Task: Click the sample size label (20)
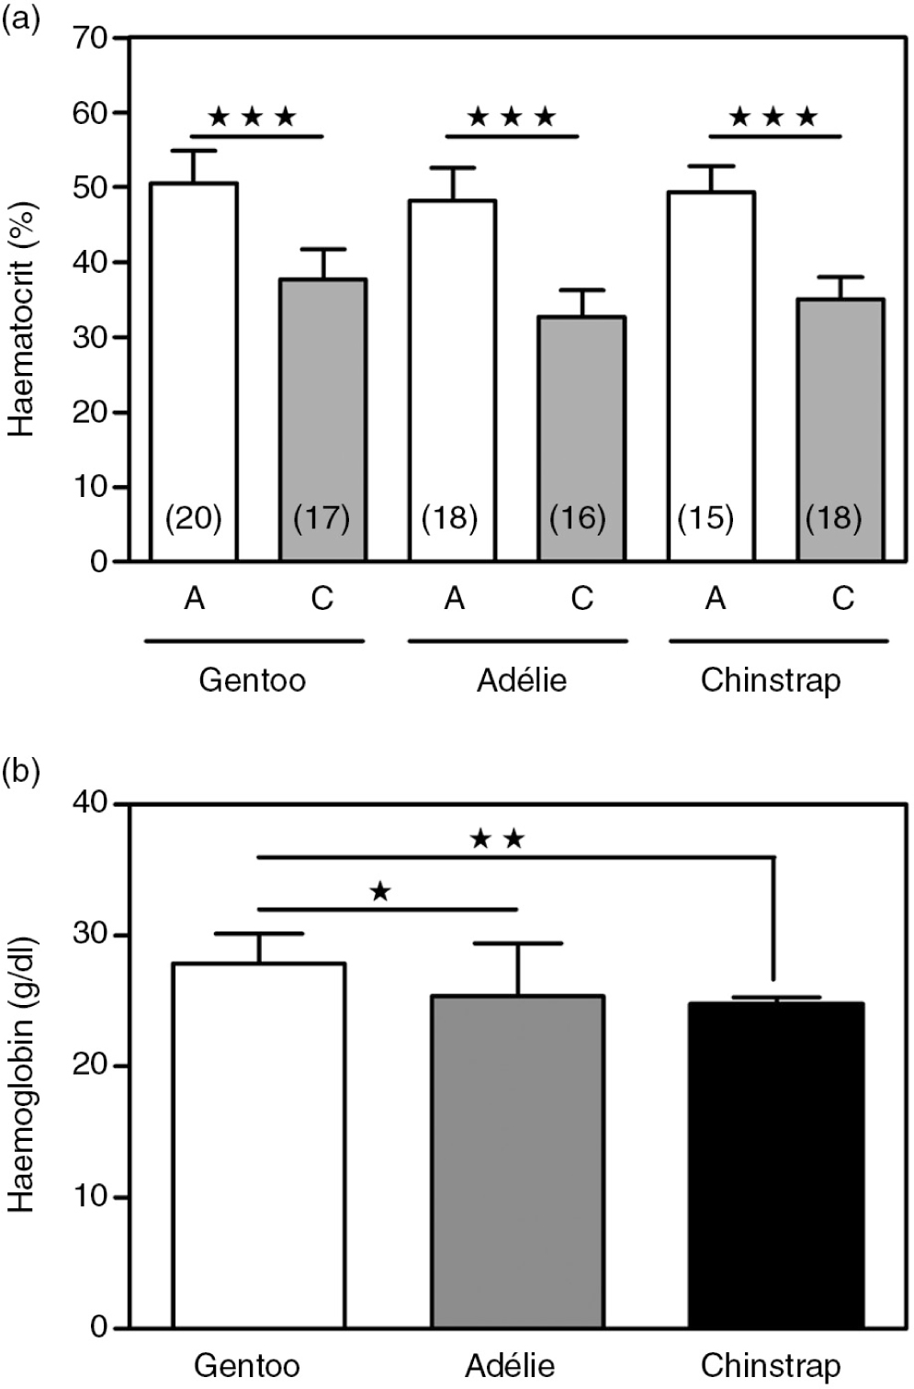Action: pos(194,519)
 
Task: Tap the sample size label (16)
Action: pos(578,519)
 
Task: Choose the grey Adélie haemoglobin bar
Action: pos(518,1161)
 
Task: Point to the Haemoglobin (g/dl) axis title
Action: pos(22,1075)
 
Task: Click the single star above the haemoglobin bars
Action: pos(380,891)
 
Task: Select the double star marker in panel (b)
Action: pos(497,838)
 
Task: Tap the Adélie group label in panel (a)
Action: pos(522,681)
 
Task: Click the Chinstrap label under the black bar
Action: pos(770,1365)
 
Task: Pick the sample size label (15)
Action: pos(705,519)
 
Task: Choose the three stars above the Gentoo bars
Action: pos(253,117)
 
